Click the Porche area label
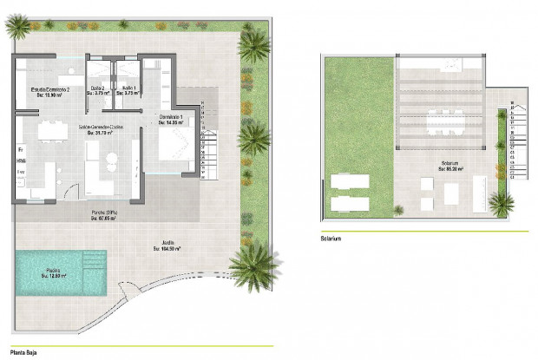(x=107, y=215)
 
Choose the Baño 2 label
(x=98, y=89)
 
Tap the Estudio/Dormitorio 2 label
(x=49, y=89)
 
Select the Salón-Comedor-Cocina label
(x=101, y=129)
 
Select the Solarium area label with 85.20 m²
(x=449, y=167)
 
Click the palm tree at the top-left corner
(x=17, y=26)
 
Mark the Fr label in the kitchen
(x=19, y=149)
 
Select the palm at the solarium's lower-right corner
(x=501, y=204)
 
